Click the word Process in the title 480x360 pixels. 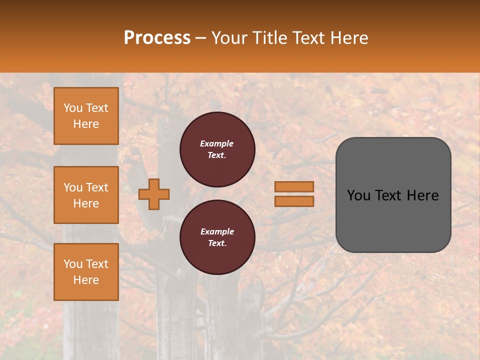tap(157, 38)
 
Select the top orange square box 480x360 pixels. tap(86, 116)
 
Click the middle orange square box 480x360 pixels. tap(86, 195)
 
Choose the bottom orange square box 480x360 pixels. tap(86, 272)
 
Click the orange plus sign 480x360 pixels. tap(154, 194)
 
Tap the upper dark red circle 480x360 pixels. tap(217, 149)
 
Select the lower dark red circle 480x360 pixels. tap(217, 237)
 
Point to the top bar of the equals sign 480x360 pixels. tap(294, 186)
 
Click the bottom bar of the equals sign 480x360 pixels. tap(294, 201)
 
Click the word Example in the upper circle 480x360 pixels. tap(217, 143)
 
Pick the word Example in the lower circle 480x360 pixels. tap(217, 231)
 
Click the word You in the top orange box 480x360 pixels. tap(73, 108)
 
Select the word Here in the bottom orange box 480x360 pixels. tap(86, 280)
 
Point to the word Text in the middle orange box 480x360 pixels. tap(97, 187)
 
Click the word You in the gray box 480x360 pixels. tap(358, 195)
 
